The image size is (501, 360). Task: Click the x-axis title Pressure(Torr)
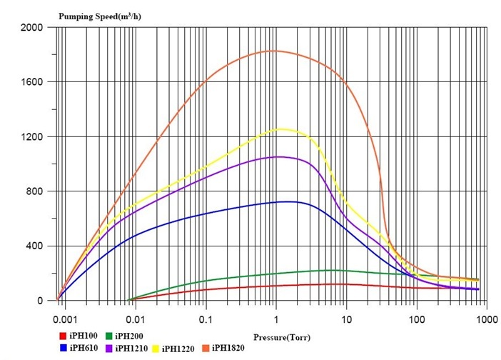tap(282, 334)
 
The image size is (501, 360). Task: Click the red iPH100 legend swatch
tap(63, 335)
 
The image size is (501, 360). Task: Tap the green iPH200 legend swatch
tap(108, 335)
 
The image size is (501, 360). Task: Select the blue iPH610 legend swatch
tap(63, 348)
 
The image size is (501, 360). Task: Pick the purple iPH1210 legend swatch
tap(108, 348)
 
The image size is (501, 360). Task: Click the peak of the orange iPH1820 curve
tap(275, 51)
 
